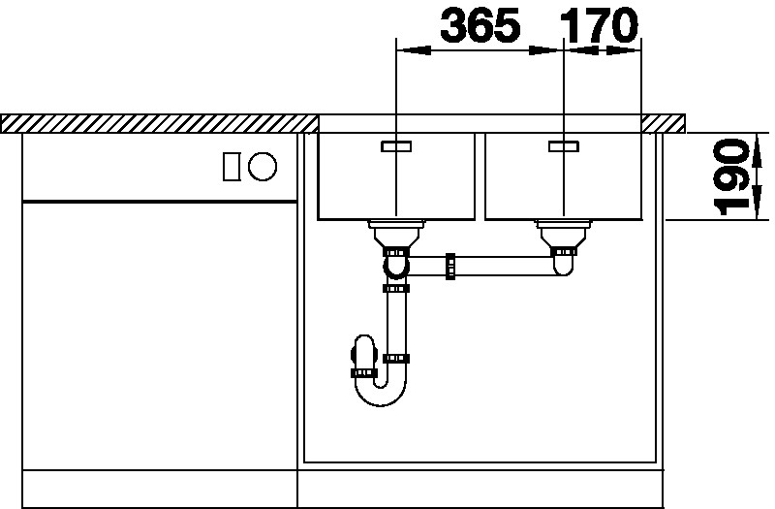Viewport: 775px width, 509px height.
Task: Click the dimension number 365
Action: pos(480,24)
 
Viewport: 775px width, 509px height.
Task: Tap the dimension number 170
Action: pos(599,24)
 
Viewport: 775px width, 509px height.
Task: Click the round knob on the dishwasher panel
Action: pos(263,166)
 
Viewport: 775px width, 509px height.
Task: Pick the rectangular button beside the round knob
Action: pos(232,166)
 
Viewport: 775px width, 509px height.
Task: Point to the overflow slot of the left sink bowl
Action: pos(396,146)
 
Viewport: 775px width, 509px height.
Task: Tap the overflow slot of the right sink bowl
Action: pos(564,146)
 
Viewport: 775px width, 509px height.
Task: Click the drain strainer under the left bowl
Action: pos(396,233)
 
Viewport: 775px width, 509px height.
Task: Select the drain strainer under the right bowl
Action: pos(564,233)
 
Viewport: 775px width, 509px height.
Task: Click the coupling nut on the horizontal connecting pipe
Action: pos(450,267)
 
